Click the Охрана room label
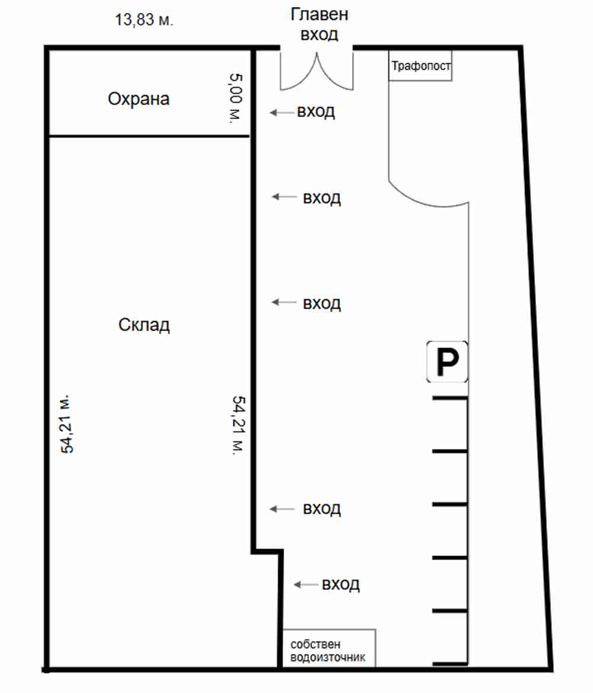[139, 98]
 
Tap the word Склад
[144, 325]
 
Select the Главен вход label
[320, 24]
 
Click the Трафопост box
[420, 65]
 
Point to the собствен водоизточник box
[329, 648]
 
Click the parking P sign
[447, 361]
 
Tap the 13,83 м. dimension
[144, 20]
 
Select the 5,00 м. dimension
[235, 98]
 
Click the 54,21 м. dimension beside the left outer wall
[67, 424]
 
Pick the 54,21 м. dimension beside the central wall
[238, 425]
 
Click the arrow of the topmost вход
[282, 113]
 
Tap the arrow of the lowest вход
[306, 585]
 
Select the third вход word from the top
[321, 304]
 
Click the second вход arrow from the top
[283, 196]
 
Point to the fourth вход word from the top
[321, 508]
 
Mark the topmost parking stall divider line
[450, 398]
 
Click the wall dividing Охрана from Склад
[149, 136]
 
